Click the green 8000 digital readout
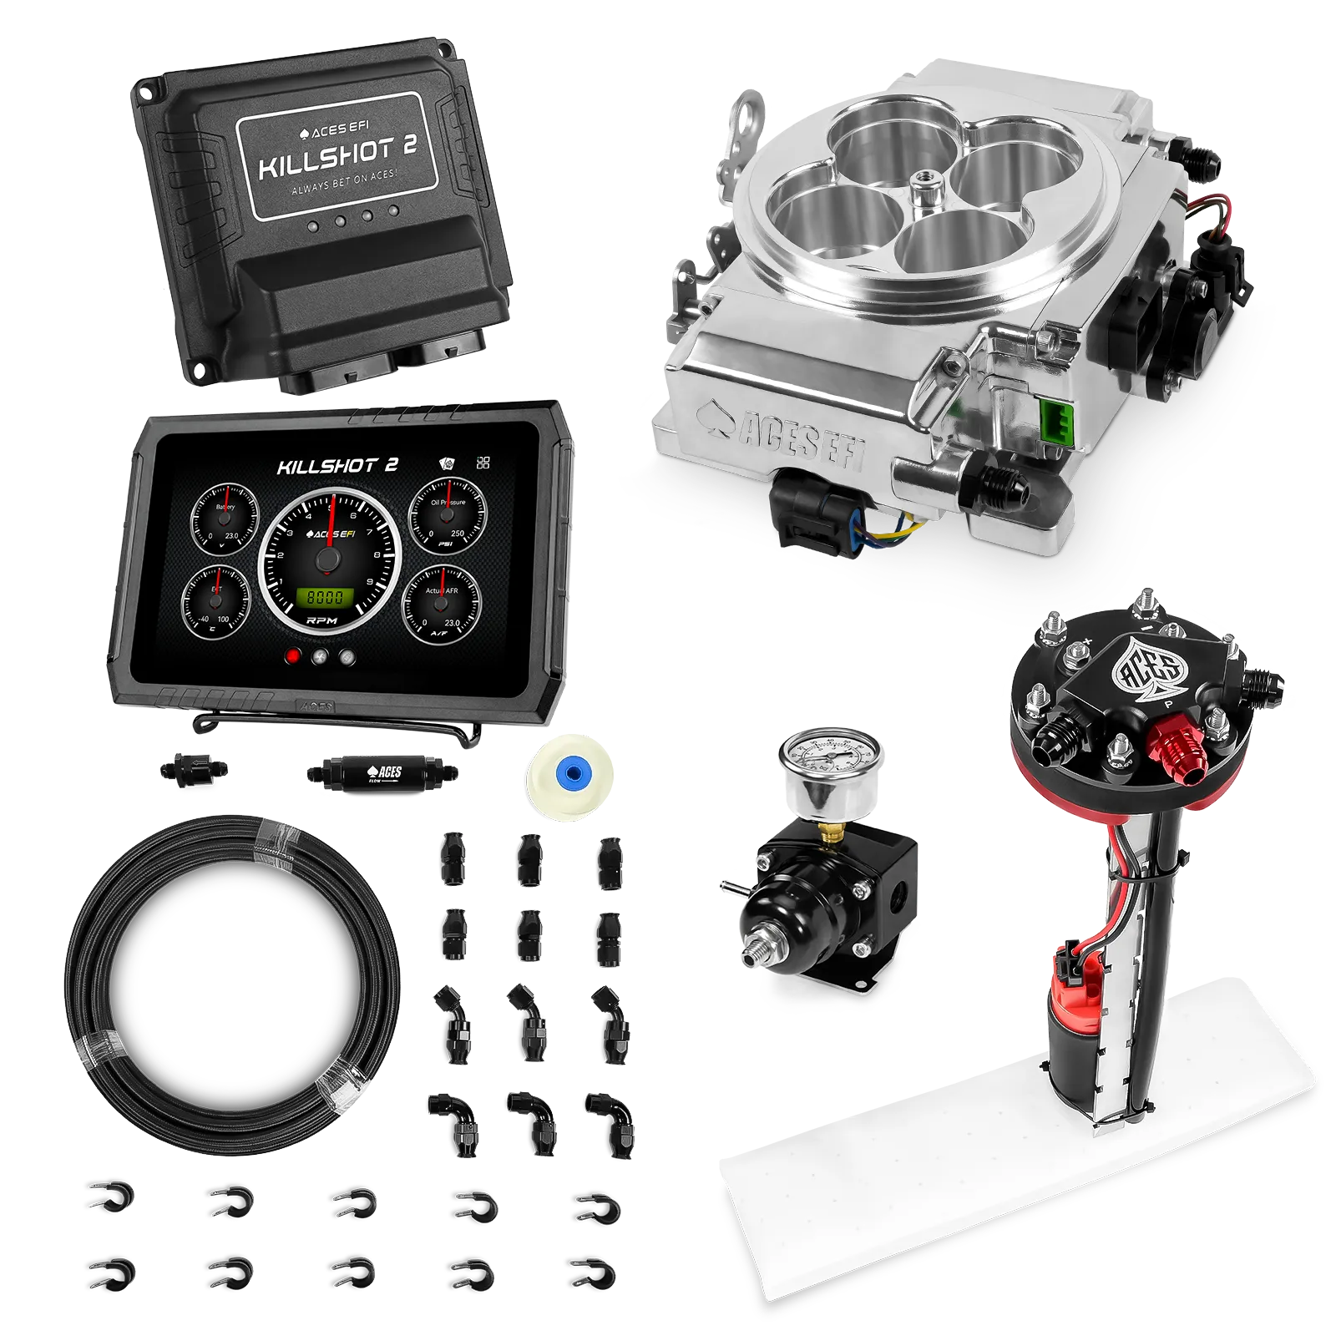tap(325, 596)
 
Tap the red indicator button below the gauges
tap(293, 655)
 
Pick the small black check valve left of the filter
tap(194, 767)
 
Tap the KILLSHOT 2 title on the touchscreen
tap(337, 466)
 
